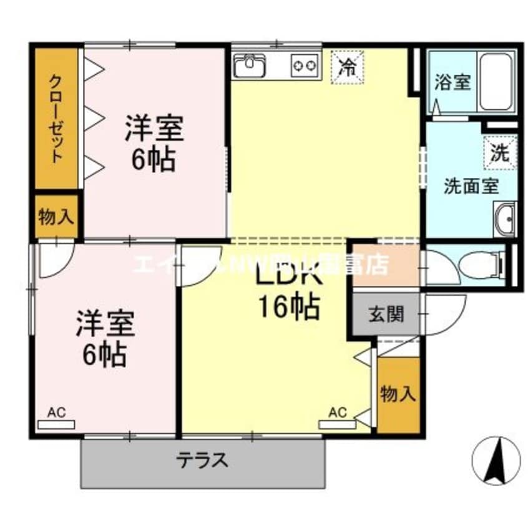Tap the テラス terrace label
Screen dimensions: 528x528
[x=201, y=461]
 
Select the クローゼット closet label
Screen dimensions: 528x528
[x=56, y=119]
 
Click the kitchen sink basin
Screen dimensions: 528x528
[x=250, y=65]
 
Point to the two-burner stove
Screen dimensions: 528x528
[x=304, y=65]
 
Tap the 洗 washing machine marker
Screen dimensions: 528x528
[x=499, y=152]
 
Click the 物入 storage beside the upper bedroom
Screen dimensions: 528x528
[x=56, y=217]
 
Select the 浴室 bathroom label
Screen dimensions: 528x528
[x=452, y=82]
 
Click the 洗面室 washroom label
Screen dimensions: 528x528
[x=462, y=185]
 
